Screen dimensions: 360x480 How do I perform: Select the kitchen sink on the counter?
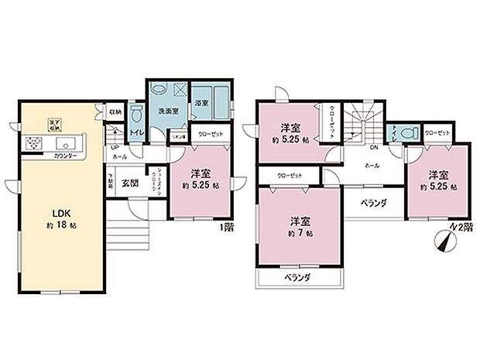point(63,144)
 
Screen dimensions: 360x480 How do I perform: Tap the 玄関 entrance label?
point(130,183)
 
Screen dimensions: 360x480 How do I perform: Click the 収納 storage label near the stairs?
point(115,111)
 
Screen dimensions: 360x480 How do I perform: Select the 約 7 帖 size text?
point(300,232)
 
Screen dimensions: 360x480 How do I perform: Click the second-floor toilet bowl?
point(410,132)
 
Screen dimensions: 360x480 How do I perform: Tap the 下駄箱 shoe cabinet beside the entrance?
point(111,183)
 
